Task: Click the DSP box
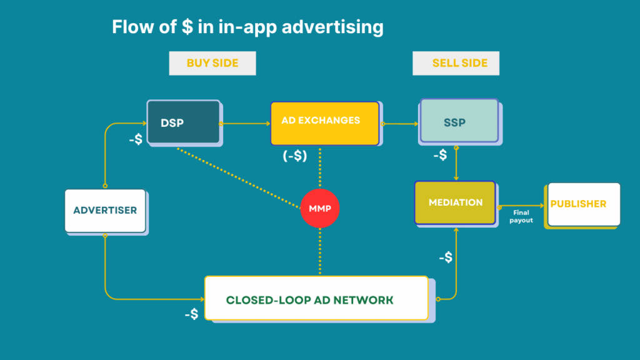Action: (183, 122)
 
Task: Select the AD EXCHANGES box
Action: (324, 122)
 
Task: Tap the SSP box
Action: (459, 121)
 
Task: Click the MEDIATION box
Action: (454, 202)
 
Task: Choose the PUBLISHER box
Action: (584, 204)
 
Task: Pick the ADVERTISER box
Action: (105, 210)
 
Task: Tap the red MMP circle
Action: (320, 207)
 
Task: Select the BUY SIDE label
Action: (212, 63)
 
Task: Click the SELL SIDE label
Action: (456, 63)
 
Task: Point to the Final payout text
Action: (521, 216)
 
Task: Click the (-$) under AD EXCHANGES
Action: (294, 156)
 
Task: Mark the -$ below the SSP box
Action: (440, 155)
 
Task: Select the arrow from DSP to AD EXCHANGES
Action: (245, 124)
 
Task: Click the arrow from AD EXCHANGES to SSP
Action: (399, 124)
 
